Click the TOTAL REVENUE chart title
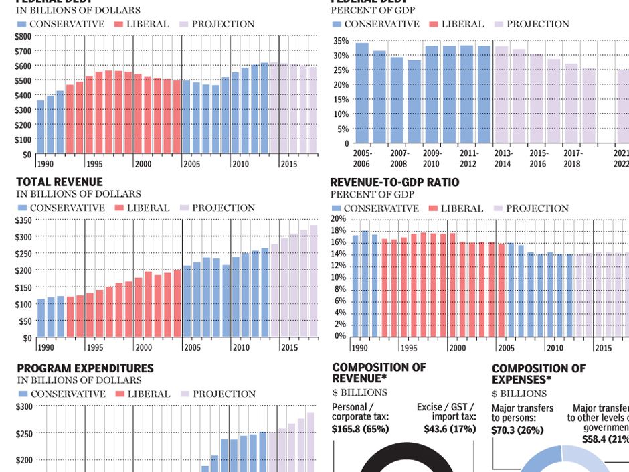(x=60, y=182)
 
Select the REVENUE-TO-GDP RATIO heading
(x=395, y=182)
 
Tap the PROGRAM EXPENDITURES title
(x=85, y=368)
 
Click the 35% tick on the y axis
(x=341, y=41)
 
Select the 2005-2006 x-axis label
(x=362, y=159)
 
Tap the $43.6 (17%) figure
(x=450, y=429)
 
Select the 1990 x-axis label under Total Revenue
(x=46, y=348)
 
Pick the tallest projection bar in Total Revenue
(x=313, y=281)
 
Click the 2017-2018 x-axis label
(x=572, y=159)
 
